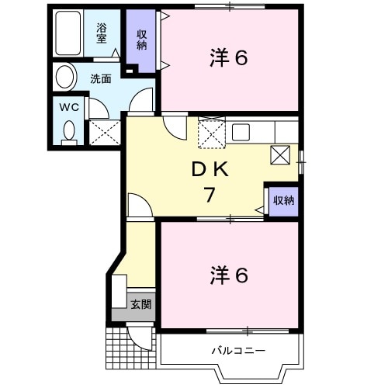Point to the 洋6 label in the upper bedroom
point(229,59)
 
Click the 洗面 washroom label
point(100,78)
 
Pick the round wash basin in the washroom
point(66,78)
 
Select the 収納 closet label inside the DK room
point(283,200)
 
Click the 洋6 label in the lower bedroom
point(229,275)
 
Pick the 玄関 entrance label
point(140,303)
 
